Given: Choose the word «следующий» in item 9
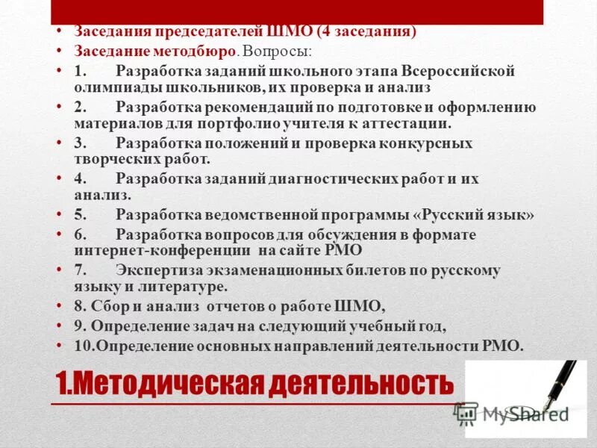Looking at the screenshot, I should [290, 326].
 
